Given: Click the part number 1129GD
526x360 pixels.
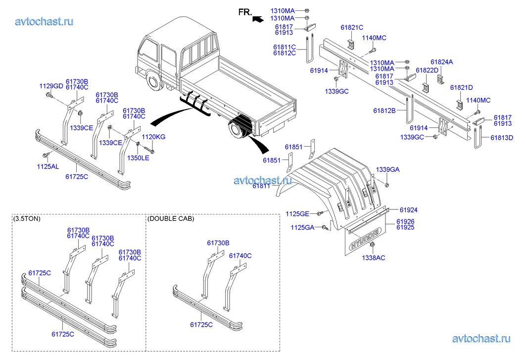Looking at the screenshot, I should (x=51, y=86).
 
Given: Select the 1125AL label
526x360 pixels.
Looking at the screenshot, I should (x=48, y=167).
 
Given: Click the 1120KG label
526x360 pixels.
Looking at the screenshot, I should (x=154, y=136).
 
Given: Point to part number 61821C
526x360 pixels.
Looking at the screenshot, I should (x=352, y=27).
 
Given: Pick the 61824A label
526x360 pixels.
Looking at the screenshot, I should (x=441, y=62).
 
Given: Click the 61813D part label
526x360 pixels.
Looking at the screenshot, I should (x=502, y=138).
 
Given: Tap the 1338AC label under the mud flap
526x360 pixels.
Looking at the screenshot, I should (x=374, y=257).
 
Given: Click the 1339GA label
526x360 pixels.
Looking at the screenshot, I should (x=387, y=170).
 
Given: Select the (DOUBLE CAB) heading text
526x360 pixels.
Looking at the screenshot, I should (x=171, y=218).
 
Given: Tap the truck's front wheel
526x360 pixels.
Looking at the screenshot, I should (x=153, y=81).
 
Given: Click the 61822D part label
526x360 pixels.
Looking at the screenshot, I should (x=427, y=70).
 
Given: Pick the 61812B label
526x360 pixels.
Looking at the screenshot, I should (x=384, y=110).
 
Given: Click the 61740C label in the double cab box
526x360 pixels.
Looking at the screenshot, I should (x=240, y=256).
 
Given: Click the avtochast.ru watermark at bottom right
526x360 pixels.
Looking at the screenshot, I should (x=481, y=339).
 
